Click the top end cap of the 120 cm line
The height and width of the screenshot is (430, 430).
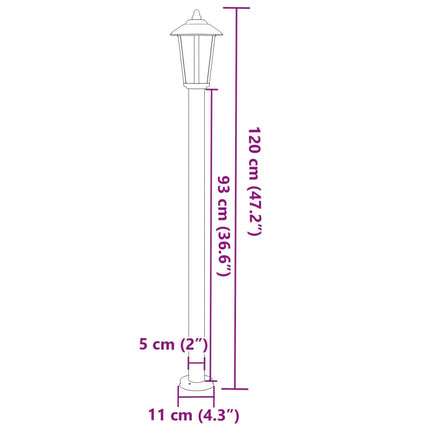point(235,7)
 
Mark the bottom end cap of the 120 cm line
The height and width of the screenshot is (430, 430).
point(235,387)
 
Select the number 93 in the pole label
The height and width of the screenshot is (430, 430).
point(225,186)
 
